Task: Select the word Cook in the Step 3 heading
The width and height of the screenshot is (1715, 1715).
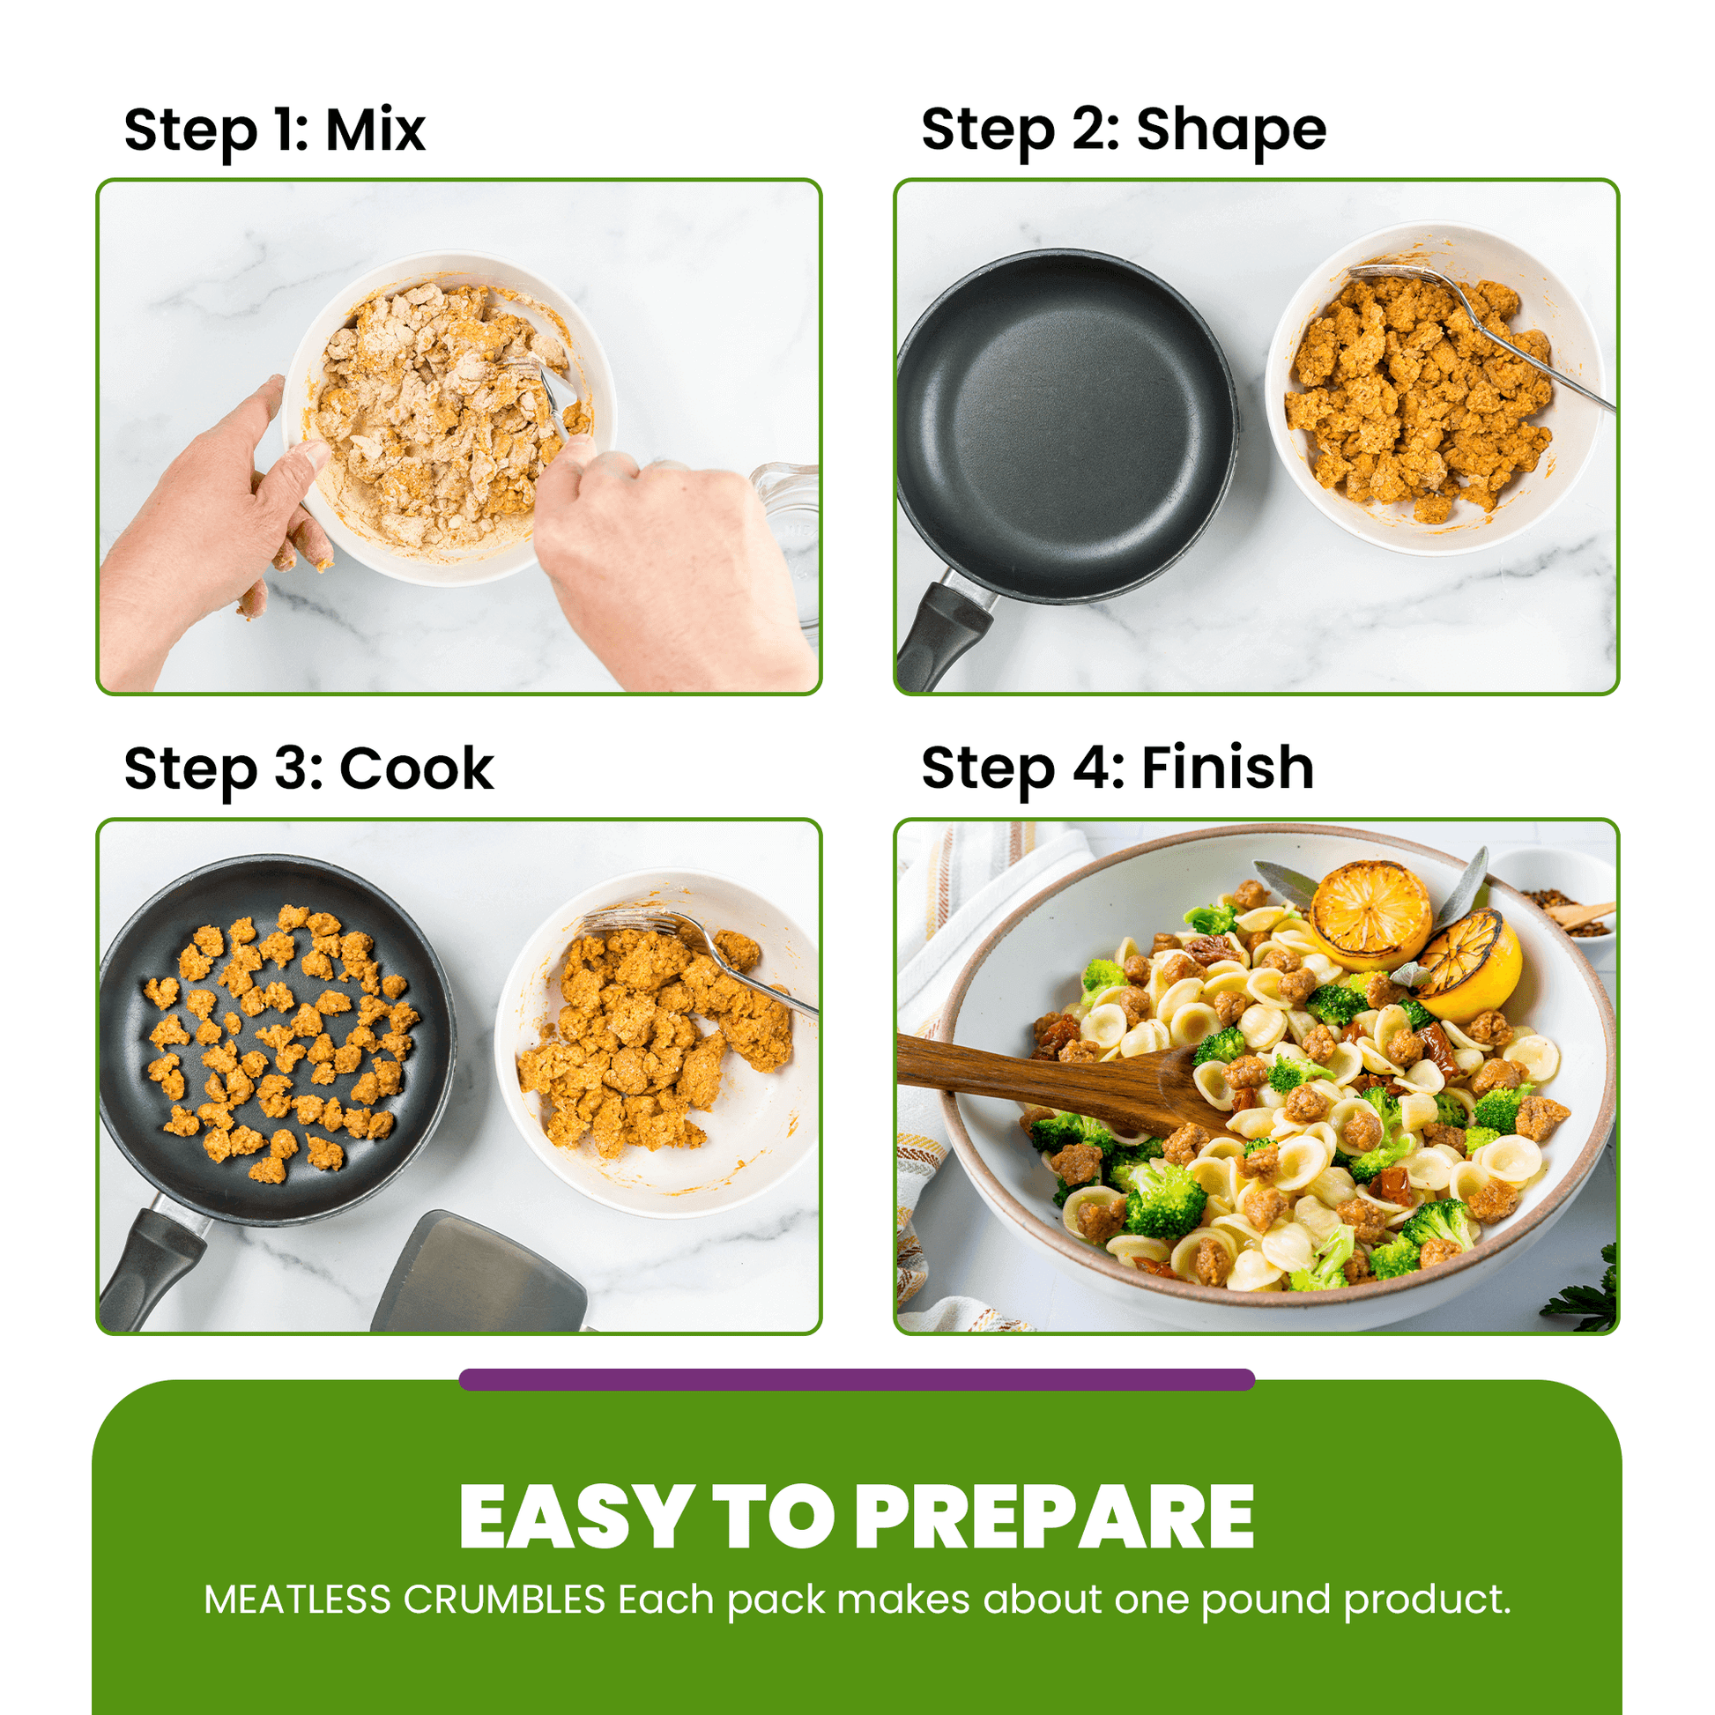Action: tap(415, 768)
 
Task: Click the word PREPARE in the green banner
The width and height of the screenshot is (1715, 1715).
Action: tap(1054, 1518)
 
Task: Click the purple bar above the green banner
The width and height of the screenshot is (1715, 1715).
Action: tap(857, 1379)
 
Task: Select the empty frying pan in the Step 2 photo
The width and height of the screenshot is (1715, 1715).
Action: tap(1065, 426)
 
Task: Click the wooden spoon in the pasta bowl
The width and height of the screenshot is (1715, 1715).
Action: tap(1048, 1079)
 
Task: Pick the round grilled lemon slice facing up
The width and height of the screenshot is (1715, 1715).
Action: tap(1369, 914)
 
